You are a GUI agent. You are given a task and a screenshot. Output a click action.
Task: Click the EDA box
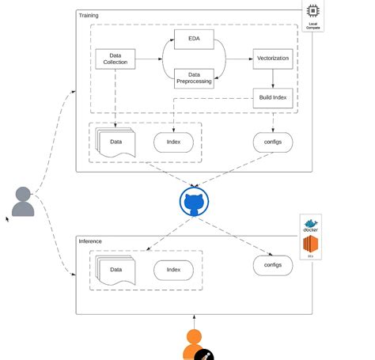pyautogui.click(x=194, y=38)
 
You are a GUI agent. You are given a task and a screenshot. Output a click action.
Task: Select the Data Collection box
pyautogui.click(x=116, y=59)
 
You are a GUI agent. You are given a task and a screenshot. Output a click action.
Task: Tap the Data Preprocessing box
pyautogui.click(x=194, y=78)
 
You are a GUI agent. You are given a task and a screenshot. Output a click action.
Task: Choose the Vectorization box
pyautogui.click(x=274, y=59)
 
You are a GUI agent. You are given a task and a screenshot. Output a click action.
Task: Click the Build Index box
pyautogui.click(x=274, y=98)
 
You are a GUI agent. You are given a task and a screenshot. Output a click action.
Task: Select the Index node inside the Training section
pyautogui.click(x=174, y=142)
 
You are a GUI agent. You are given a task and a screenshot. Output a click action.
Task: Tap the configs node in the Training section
pyautogui.click(x=273, y=142)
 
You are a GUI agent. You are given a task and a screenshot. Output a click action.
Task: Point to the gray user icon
pyautogui.click(x=23, y=202)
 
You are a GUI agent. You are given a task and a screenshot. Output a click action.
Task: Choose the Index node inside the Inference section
pyautogui.click(x=174, y=270)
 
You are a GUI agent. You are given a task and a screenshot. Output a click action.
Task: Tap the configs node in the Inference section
pyautogui.click(x=273, y=265)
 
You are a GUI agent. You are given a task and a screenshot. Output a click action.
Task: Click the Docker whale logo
pyautogui.click(x=310, y=225)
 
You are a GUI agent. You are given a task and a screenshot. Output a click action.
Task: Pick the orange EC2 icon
pyautogui.click(x=310, y=245)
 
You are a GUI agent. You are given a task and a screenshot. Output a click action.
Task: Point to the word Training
pyautogui.click(x=89, y=15)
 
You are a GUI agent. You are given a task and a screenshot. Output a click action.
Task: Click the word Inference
pyautogui.click(x=90, y=241)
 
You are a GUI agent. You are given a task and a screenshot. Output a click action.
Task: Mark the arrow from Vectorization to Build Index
pyautogui.click(x=274, y=78)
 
